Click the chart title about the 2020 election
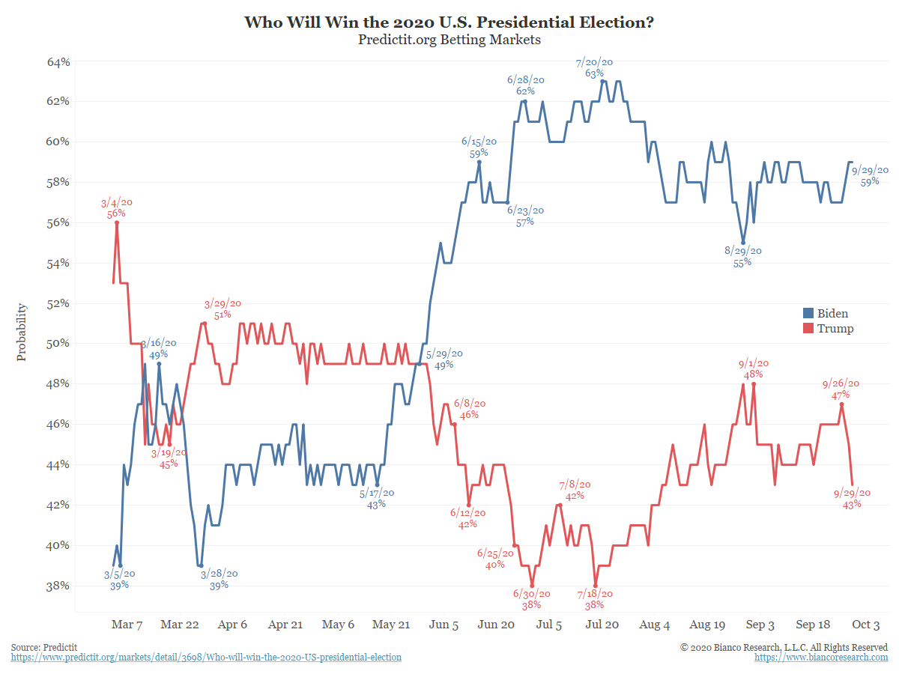[449, 22]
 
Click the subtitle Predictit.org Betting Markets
[449, 40]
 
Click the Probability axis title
[21, 332]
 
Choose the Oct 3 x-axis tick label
[866, 625]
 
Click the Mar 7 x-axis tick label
[127, 625]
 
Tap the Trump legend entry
[828, 329]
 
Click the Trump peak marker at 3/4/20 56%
[117, 222]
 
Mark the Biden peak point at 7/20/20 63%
[603, 81]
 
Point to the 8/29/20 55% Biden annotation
[742, 256]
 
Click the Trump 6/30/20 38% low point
[532, 586]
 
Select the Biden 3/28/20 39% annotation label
[219, 579]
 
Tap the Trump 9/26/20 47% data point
[842, 404]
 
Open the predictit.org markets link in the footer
[206, 658]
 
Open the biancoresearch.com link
[821, 658]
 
